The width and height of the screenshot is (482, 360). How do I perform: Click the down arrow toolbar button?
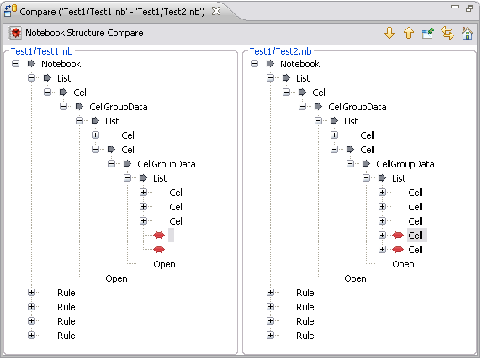(x=389, y=33)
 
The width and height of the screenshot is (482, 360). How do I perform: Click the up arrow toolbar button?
(x=409, y=33)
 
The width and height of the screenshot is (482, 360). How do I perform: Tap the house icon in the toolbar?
(x=467, y=33)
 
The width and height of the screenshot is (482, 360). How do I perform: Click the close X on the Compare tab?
(x=216, y=11)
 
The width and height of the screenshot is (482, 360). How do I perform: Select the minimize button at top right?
(x=454, y=7)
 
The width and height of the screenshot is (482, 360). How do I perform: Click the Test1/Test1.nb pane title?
(x=42, y=51)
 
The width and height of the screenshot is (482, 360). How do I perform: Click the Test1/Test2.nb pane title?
(x=280, y=51)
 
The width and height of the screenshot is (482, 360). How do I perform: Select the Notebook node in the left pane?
(x=61, y=64)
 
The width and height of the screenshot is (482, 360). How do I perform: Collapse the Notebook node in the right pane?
(x=254, y=64)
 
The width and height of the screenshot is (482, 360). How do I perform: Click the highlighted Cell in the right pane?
(x=416, y=236)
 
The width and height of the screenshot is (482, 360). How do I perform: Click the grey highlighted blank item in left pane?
(x=171, y=236)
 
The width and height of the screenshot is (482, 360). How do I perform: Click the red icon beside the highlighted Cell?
(x=398, y=236)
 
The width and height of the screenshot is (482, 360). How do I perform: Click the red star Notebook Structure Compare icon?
(x=15, y=33)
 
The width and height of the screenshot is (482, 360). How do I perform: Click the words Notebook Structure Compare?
(x=84, y=33)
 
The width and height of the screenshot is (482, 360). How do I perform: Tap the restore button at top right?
(x=469, y=8)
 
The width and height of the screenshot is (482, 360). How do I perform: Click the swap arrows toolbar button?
(x=448, y=33)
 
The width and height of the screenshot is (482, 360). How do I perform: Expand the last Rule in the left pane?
(x=31, y=335)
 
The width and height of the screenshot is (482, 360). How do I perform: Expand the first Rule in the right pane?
(x=270, y=293)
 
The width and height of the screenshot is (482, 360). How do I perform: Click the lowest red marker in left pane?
(x=159, y=249)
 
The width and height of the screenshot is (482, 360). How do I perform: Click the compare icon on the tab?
(x=10, y=10)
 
